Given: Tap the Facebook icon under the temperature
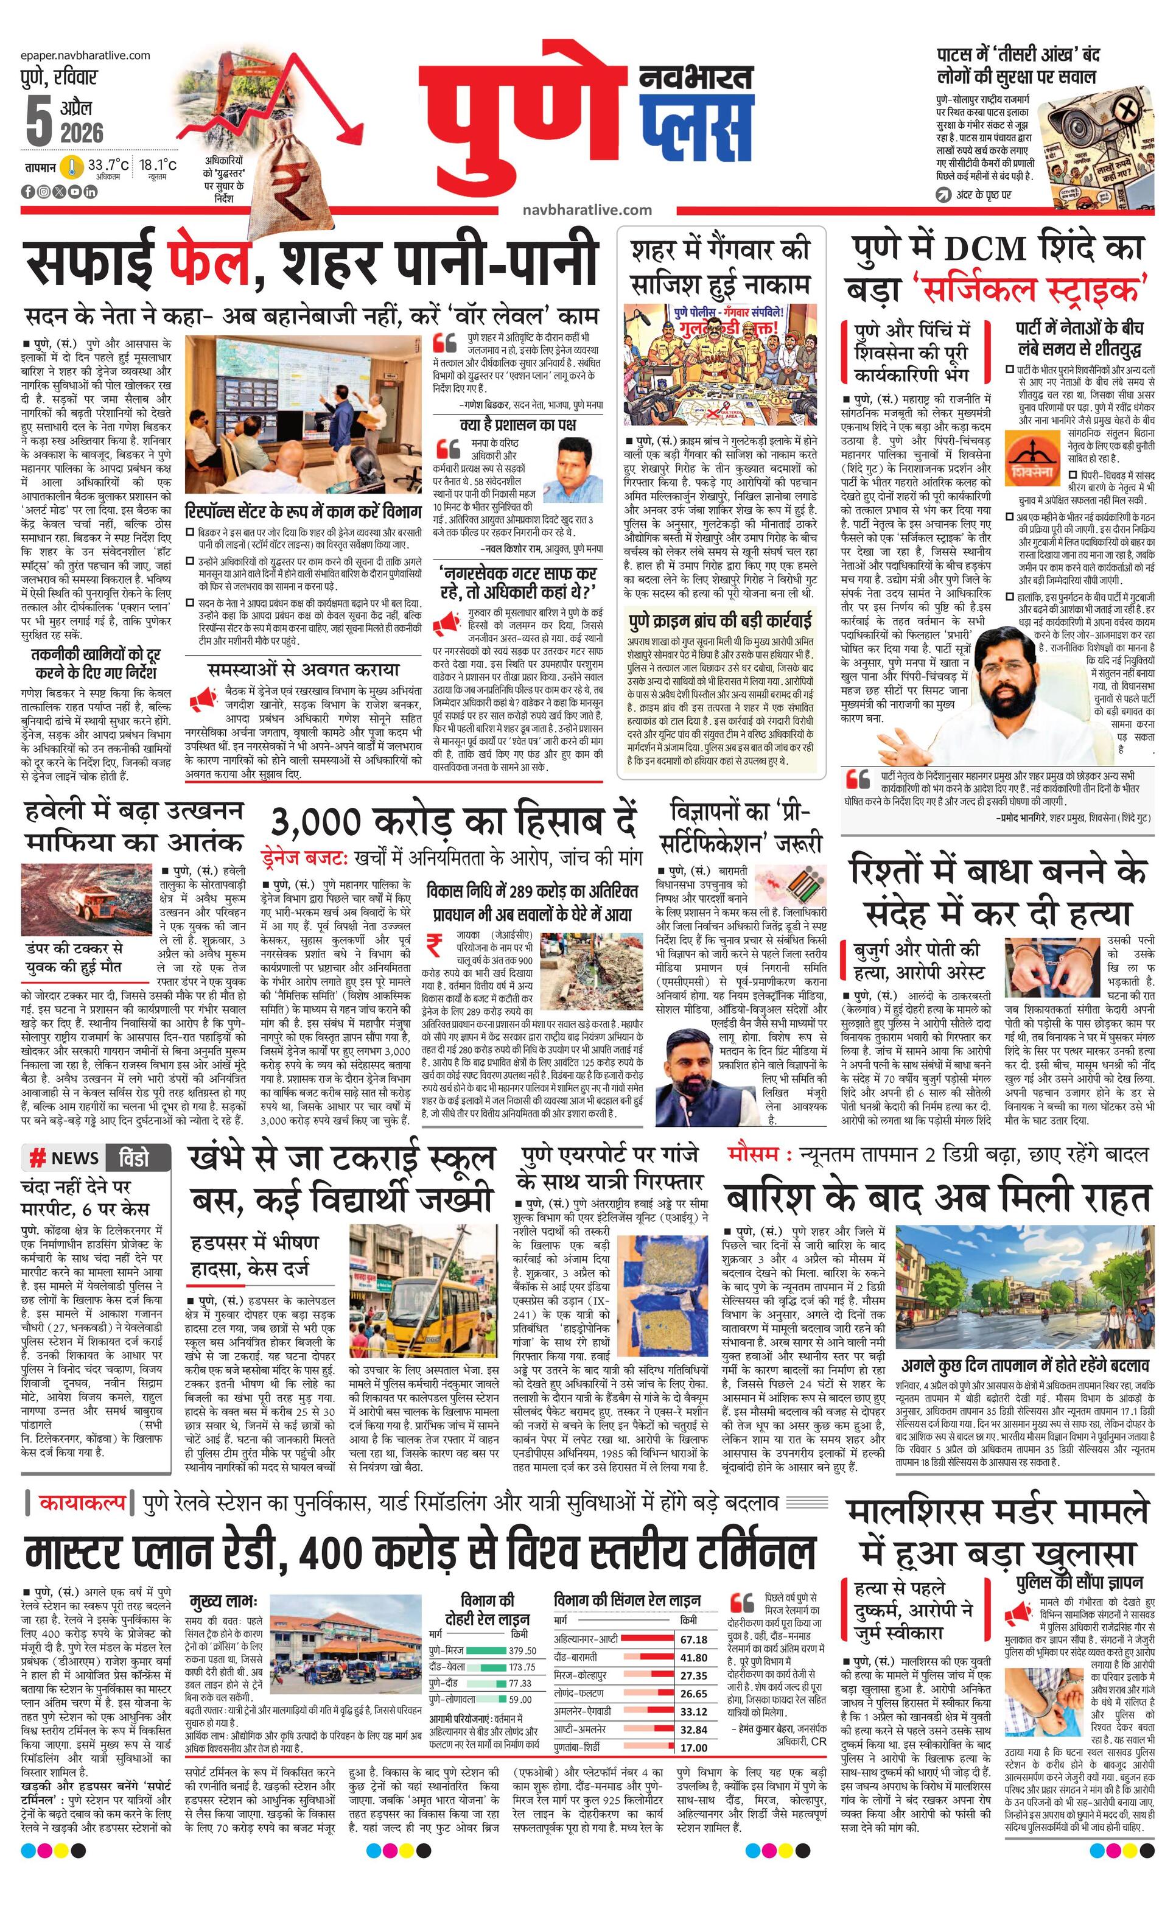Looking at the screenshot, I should point(27,191).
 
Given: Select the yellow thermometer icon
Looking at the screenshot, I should point(72,167).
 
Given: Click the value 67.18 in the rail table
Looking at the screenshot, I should point(693,1639).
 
